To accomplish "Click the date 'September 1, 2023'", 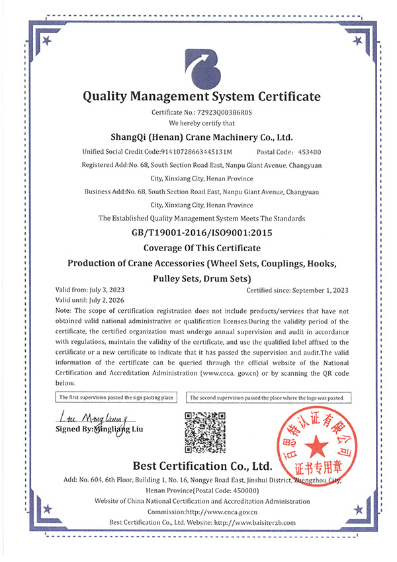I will (x=320, y=290).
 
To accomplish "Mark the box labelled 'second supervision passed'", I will (x=269, y=397).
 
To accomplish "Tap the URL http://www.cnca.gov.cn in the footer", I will (x=220, y=512).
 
